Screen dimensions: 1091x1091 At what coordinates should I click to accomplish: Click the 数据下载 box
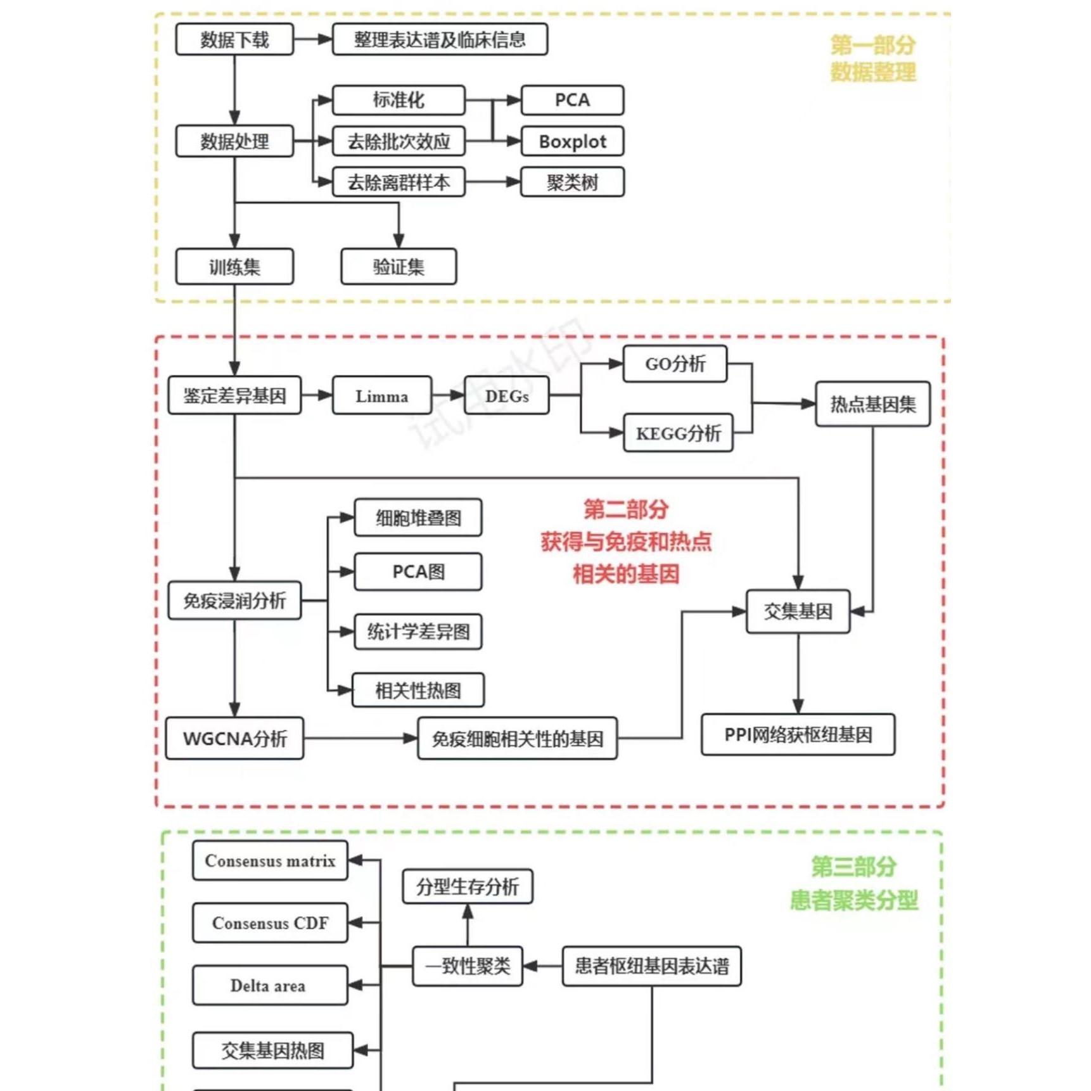(x=234, y=40)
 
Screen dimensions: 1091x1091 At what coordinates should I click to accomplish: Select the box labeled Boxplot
(x=571, y=141)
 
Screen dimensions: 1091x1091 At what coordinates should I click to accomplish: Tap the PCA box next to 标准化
(x=571, y=100)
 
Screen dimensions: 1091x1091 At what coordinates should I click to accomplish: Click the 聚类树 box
(x=571, y=182)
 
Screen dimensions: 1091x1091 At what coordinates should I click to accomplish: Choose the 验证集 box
(x=398, y=267)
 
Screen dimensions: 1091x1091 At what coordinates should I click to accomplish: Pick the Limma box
(x=381, y=396)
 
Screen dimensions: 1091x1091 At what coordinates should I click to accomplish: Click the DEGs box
(x=506, y=396)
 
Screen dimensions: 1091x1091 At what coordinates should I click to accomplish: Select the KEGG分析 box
(x=677, y=433)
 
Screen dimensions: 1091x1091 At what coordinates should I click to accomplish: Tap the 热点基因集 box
(x=872, y=404)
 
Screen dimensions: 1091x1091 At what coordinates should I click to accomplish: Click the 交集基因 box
(x=797, y=611)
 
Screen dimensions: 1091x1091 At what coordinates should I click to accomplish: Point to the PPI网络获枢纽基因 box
(x=797, y=735)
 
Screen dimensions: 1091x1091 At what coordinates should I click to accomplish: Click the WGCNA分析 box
(x=234, y=739)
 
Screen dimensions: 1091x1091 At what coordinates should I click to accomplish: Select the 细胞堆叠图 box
(x=418, y=518)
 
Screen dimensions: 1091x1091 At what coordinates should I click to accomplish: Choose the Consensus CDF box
(x=270, y=923)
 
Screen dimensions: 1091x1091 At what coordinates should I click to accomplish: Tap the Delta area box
(x=270, y=986)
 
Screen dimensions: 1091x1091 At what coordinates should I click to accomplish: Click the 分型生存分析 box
(x=467, y=886)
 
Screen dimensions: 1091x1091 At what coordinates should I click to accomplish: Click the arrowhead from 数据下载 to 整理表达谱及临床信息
(x=324, y=39)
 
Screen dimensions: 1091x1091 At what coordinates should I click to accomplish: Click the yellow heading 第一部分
(x=872, y=45)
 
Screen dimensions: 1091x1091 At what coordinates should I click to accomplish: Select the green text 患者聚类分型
(x=853, y=900)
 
